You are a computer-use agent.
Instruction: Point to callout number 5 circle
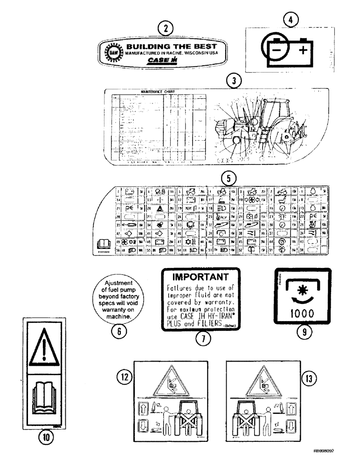coord(228,178)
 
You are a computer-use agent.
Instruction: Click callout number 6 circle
coord(119,331)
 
